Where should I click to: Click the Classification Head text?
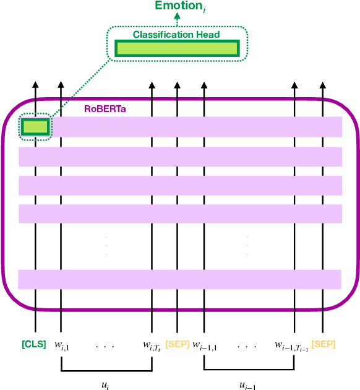[x=176, y=35]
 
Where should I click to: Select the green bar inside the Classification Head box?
[x=176, y=49]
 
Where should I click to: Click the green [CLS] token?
[x=34, y=344]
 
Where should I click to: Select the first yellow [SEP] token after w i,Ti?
[x=178, y=344]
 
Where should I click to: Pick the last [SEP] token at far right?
[x=324, y=344]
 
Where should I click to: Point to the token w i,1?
[x=61, y=345]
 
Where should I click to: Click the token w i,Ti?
[x=152, y=345]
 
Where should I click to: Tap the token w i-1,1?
[x=204, y=345]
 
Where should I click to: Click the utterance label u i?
[x=106, y=384]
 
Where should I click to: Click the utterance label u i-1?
[x=247, y=384]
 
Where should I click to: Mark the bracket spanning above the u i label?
[x=106, y=371]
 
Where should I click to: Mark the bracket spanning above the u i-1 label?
[x=248, y=371]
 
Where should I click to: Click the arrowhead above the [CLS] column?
[x=35, y=85]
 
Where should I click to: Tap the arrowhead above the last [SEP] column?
[x=321, y=85]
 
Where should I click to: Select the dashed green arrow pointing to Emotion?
[x=177, y=21]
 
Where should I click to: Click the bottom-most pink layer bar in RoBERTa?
[x=180, y=279]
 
